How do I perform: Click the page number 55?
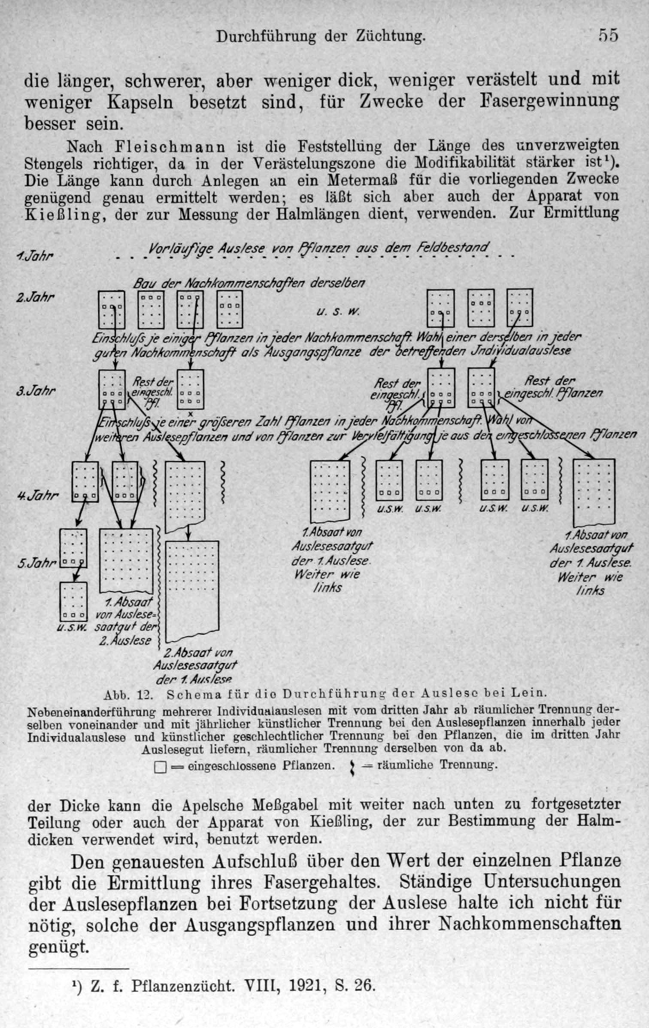(x=608, y=35)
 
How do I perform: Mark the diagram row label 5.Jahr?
(x=37, y=563)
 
